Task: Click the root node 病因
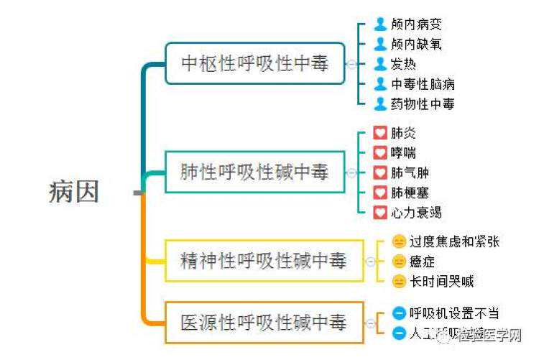click(x=73, y=192)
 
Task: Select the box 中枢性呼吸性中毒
click(x=254, y=64)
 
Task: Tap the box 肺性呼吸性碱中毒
click(x=254, y=172)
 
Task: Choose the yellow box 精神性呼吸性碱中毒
click(x=264, y=261)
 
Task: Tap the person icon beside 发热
click(x=380, y=64)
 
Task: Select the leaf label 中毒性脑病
click(x=423, y=84)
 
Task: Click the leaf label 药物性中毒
click(x=423, y=103)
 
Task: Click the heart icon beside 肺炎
click(x=380, y=133)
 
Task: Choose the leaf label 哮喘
click(x=403, y=153)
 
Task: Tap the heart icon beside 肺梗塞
click(x=380, y=193)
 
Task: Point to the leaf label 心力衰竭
click(x=416, y=213)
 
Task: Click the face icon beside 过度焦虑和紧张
click(x=399, y=241)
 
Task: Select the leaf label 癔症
click(x=422, y=262)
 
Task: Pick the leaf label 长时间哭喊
click(x=441, y=282)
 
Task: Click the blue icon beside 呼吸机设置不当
click(x=400, y=313)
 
